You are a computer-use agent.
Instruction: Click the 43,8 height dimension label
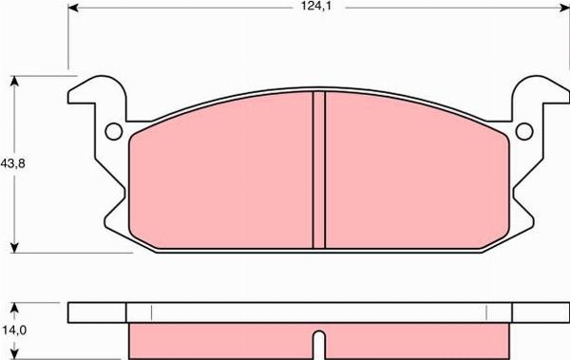pyautogui.click(x=13, y=163)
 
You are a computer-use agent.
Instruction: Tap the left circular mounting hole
pyautogui.click(x=112, y=132)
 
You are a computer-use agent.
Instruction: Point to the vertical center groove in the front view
pyautogui.click(x=319, y=171)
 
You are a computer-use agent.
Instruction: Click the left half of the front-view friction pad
pyautogui.click(x=223, y=180)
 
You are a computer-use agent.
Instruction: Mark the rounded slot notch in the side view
pyautogui.click(x=319, y=341)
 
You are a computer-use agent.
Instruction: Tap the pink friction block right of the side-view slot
pyautogui.click(x=418, y=340)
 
